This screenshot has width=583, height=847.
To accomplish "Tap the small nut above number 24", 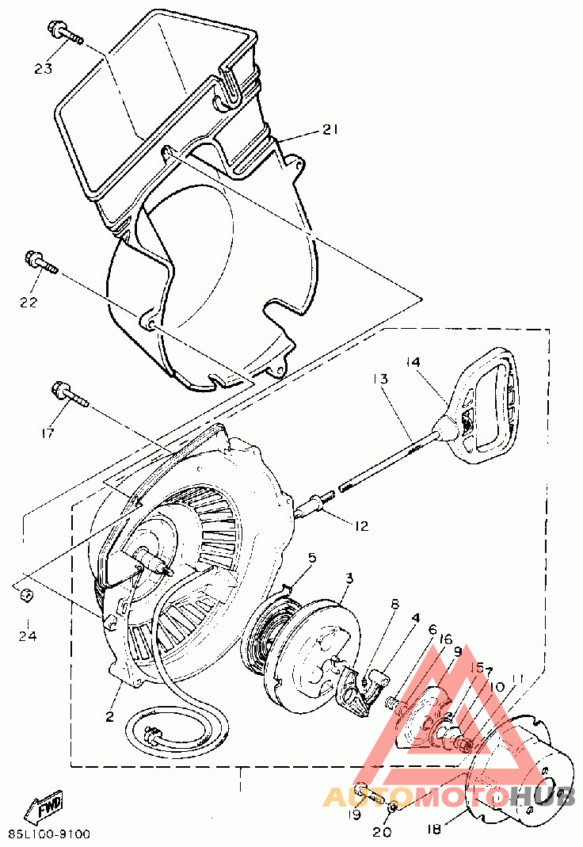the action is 25,595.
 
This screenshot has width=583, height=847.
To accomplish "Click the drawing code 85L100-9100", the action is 49,834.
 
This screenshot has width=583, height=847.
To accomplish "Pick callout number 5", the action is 311,559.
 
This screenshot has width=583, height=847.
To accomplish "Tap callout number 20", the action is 381,832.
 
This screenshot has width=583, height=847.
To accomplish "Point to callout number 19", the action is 354,814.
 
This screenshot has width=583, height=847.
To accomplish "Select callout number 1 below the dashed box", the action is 239,788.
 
